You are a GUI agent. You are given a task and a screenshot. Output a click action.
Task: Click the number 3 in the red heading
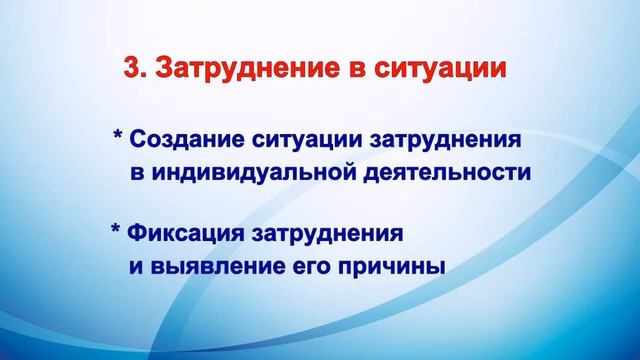[130, 71]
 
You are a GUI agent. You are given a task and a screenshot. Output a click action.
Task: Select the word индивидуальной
[259, 172]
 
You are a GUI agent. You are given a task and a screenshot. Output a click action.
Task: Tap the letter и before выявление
[135, 269]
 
